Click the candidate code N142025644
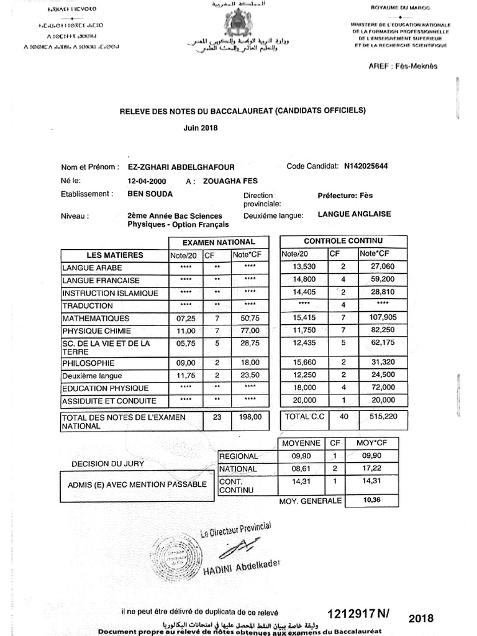click(x=367, y=166)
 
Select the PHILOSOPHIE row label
click(x=88, y=363)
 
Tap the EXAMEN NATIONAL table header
click(x=219, y=242)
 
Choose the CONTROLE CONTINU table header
click(x=343, y=241)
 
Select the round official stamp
click(x=176, y=556)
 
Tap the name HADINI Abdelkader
click(x=242, y=569)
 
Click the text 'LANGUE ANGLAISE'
click(x=354, y=214)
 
